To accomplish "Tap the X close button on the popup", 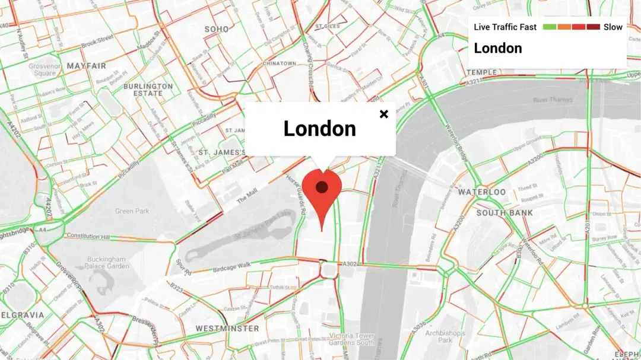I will (384, 114).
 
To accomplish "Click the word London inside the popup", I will (319, 129).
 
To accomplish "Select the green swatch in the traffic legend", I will (549, 27).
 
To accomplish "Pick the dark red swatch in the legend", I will (594, 27).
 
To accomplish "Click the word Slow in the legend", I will (613, 27).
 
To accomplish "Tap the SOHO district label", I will (217, 28).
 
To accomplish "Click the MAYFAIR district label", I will (87, 65).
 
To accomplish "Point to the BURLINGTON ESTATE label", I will (148, 90).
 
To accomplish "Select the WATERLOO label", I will (482, 192).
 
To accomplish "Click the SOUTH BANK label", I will (504, 212).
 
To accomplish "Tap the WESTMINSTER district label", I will (227, 328).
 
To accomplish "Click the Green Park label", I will (132, 211).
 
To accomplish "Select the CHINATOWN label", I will (279, 63).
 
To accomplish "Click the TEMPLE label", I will (482, 72).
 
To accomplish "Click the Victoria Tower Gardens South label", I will (352, 339).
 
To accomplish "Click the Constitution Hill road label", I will (88, 236).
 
